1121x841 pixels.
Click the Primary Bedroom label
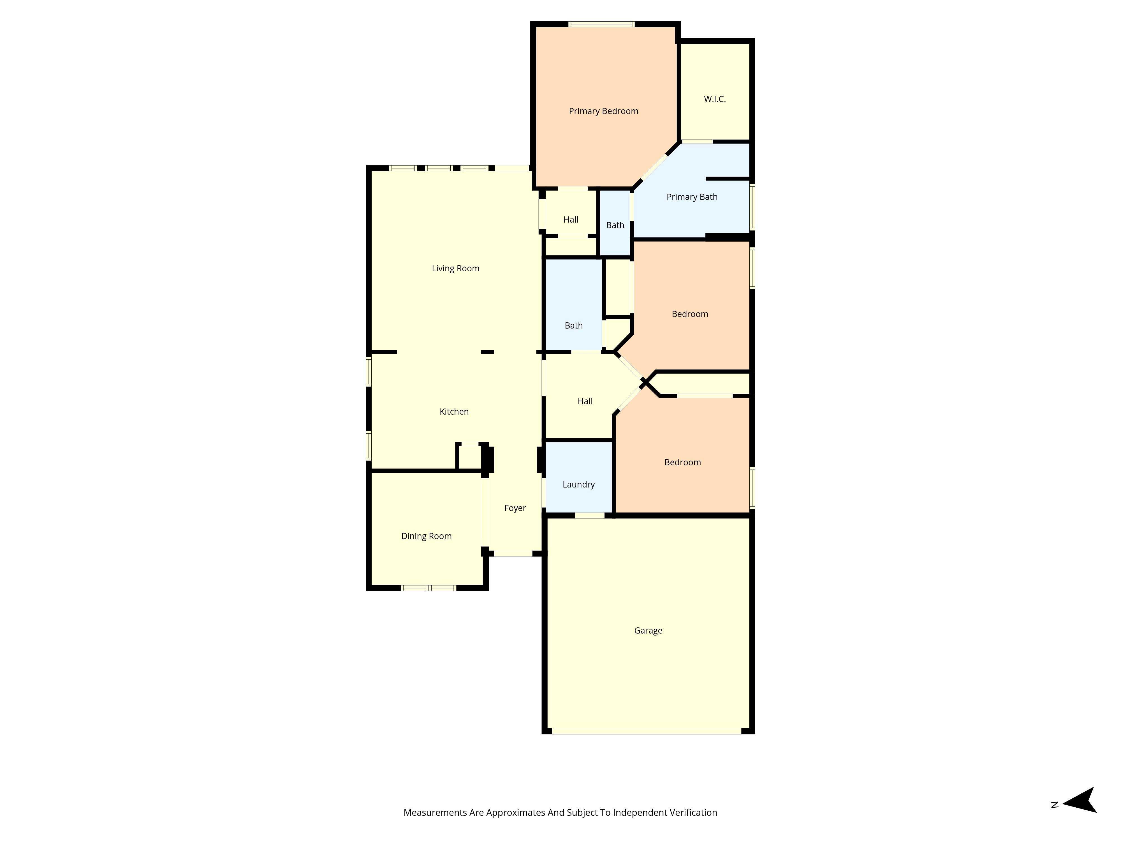click(x=603, y=111)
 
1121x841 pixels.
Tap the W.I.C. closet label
click(x=715, y=99)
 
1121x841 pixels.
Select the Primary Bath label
click(x=691, y=197)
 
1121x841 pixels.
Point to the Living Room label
click(x=455, y=268)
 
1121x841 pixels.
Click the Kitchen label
click(x=453, y=412)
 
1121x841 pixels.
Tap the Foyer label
click(x=515, y=508)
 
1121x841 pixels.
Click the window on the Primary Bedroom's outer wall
click(x=601, y=24)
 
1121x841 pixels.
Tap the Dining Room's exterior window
click(x=428, y=588)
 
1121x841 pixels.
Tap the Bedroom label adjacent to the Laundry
click(x=682, y=462)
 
